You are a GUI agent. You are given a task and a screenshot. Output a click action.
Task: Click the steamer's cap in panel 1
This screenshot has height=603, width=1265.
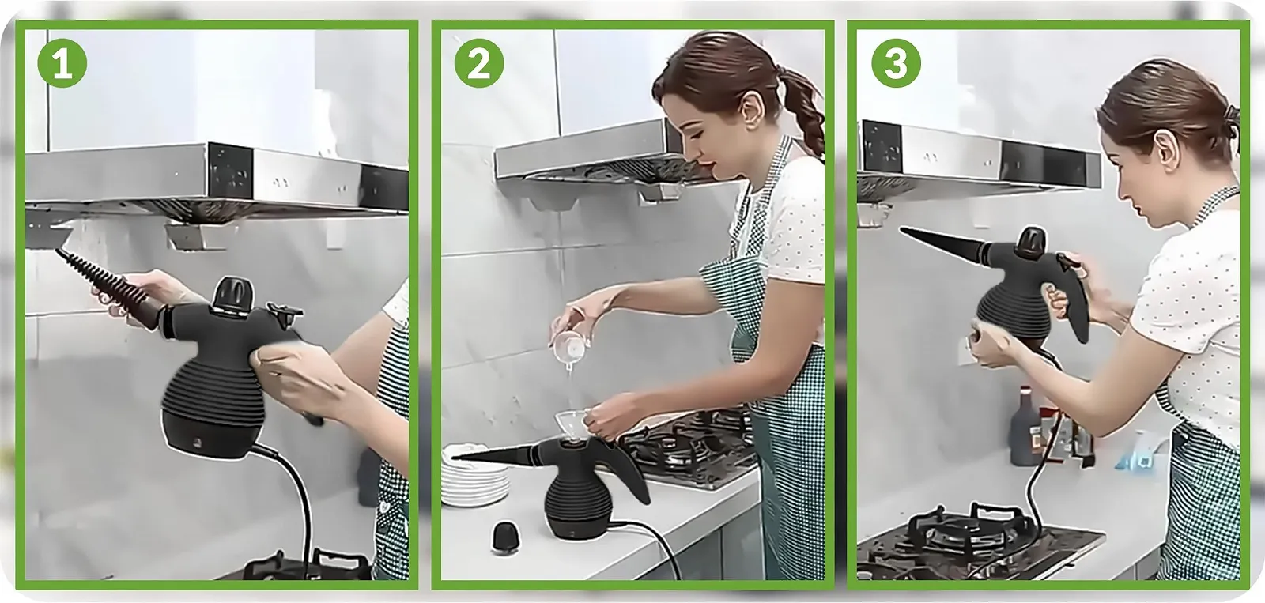click(x=233, y=293)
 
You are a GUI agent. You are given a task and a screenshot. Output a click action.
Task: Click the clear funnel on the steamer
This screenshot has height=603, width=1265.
click(x=571, y=427)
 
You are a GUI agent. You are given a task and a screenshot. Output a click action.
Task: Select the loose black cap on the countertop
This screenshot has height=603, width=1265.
click(x=505, y=537)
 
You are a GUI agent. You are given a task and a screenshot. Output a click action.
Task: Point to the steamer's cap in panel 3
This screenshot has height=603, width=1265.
click(x=1031, y=242)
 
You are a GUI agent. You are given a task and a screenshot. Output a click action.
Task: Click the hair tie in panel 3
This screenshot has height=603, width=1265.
click(x=1231, y=115)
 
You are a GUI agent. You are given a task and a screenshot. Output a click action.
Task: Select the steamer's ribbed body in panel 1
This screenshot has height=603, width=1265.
click(x=213, y=395)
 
